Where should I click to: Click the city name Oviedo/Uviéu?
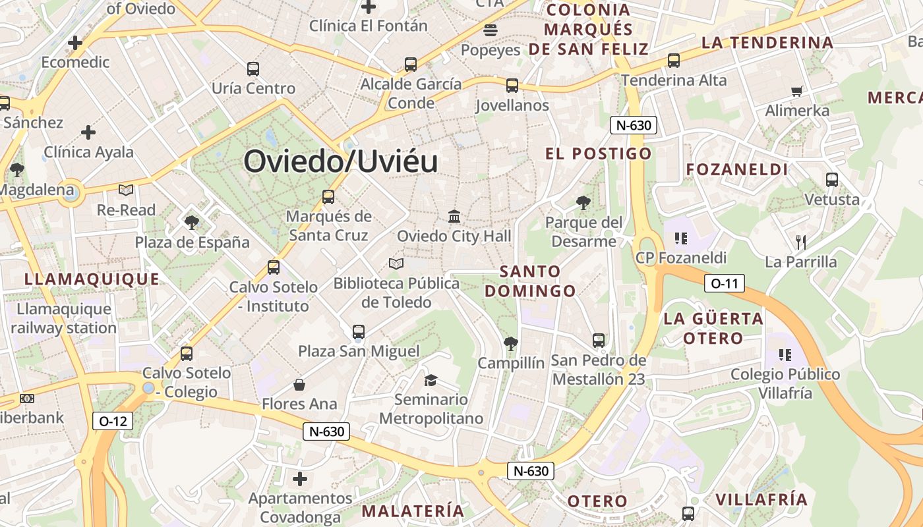click(x=341, y=161)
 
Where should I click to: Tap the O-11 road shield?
click(x=725, y=284)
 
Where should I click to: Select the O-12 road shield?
click(x=113, y=421)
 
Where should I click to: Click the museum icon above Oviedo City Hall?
click(x=454, y=216)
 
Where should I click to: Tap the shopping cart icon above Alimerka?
click(x=797, y=91)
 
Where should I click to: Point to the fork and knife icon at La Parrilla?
click(x=801, y=242)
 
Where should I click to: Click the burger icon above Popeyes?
click(x=491, y=30)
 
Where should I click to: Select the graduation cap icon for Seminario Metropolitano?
click(x=431, y=380)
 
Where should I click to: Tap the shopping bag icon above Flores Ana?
click(x=299, y=384)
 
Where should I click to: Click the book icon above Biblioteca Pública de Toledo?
click(x=396, y=263)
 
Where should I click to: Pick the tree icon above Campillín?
click(x=510, y=343)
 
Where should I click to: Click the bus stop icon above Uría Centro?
click(x=253, y=69)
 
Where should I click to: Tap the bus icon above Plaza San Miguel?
click(x=359, y=331)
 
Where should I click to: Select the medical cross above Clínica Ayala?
click(x=88, y=132)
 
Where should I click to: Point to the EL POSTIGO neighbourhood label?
click(x=598, y=154)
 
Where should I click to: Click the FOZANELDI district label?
click(x=737, y=170)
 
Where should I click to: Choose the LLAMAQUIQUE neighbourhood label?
click(x=92, y=279)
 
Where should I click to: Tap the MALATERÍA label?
click(x=413, y=511)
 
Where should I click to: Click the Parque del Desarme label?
click(x=584, y=232)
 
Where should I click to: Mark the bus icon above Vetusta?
click(x=832, y=179)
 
